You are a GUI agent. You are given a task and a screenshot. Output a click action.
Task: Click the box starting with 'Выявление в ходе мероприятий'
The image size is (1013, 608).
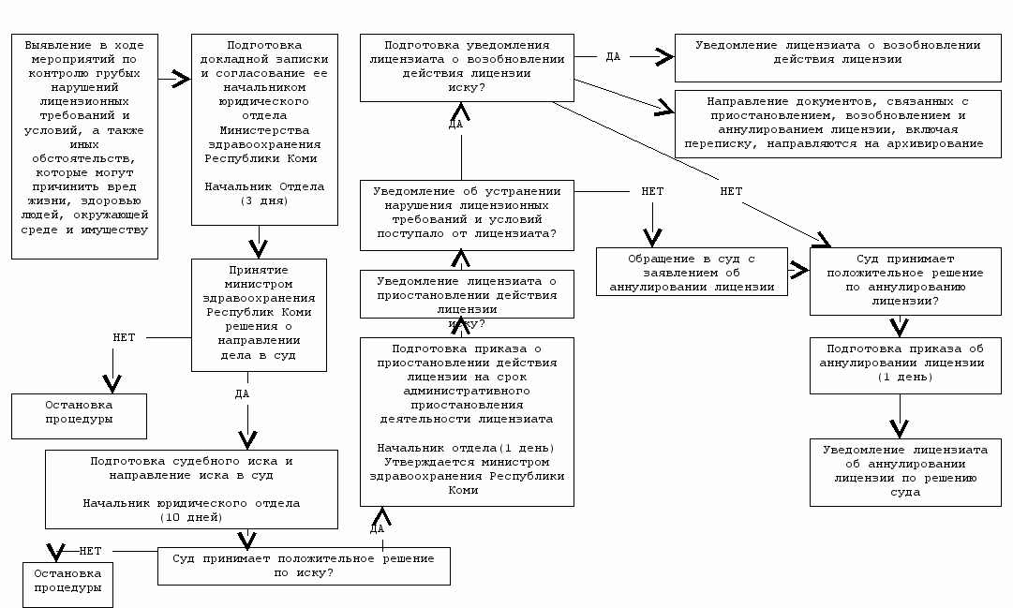[x=84, y=147]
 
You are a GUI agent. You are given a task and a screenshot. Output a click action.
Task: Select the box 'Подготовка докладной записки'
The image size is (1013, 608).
[x=264, y=130]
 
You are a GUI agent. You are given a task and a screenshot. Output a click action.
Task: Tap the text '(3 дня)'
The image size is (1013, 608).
[x=264, y=200]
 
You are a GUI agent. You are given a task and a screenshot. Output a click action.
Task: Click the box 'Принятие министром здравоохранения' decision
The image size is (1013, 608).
[x=259, y=316]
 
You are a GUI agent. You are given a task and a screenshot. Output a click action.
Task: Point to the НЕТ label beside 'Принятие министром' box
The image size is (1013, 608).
[x=124, y=337]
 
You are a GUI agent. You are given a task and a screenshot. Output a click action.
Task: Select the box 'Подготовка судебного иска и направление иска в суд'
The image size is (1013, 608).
[x=191, y=489]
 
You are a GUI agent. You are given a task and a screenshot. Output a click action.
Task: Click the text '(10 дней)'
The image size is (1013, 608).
[x=191, y=517]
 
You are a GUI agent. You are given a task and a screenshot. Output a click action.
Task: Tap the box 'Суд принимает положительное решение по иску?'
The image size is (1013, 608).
[x=304, y=566]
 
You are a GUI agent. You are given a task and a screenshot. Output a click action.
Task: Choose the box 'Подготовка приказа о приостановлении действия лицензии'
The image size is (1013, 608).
[x=467, y=422]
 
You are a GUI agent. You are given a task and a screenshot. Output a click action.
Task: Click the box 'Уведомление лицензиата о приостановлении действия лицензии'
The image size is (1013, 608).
[x=467, y=294]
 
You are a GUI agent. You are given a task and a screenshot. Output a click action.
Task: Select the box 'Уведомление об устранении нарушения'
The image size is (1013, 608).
[x=467, y=215]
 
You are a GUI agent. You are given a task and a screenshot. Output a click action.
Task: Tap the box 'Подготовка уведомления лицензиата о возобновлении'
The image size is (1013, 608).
[x=467, y=67]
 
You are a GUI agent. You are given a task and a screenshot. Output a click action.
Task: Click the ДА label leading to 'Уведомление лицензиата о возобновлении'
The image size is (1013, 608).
[x=613, y=57]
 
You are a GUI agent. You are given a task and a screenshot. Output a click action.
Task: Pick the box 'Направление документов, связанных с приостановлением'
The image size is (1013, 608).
[x=838, y=124]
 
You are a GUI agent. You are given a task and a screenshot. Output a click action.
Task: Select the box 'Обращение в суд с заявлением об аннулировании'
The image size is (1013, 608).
[x=692, y=272]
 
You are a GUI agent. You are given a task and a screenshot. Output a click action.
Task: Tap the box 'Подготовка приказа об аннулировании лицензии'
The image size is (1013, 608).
[x=906, y=365]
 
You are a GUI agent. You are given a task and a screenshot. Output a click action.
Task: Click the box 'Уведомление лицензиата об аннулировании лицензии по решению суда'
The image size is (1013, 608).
[x=906, y=472]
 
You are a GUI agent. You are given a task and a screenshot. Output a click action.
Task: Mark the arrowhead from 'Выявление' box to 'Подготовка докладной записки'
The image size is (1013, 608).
[x=182, y=80]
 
